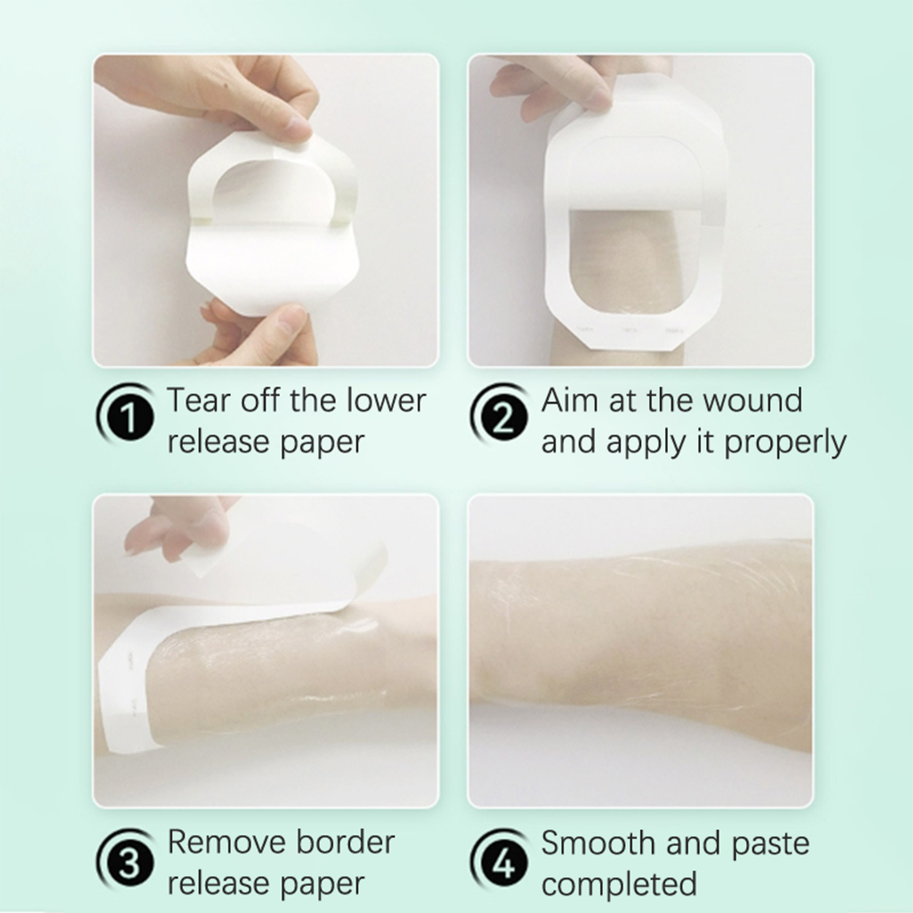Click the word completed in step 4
[619, 884]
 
